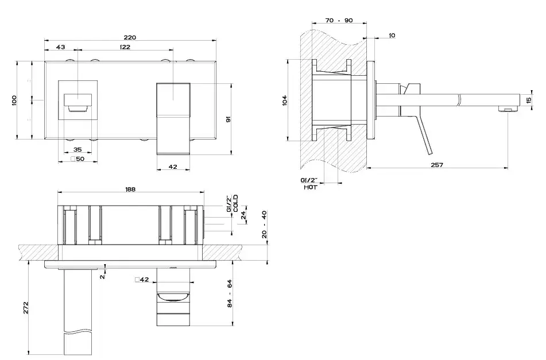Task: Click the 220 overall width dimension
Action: [130, 37]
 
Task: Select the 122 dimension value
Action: [125, 47]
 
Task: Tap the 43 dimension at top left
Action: [61, 47]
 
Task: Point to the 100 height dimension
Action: [14, 100]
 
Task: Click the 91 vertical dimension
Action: [229, 119]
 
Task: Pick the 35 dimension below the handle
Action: [78, 149]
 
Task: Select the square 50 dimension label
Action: [78, 159]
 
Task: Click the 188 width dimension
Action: [130, 189]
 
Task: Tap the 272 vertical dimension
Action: [26, 308]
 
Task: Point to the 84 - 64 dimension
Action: [230, 293]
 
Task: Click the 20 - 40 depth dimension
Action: [264, 224]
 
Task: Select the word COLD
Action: [236, 203]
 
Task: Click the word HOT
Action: [310, 187]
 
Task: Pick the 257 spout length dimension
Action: [437, 165]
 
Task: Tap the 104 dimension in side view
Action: [285, 100]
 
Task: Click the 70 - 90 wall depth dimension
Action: [339, 20]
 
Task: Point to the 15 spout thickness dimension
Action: [529, 100]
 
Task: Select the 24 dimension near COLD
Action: [243, 215]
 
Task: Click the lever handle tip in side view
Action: [429, 153]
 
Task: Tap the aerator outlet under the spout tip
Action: [508, 110]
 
